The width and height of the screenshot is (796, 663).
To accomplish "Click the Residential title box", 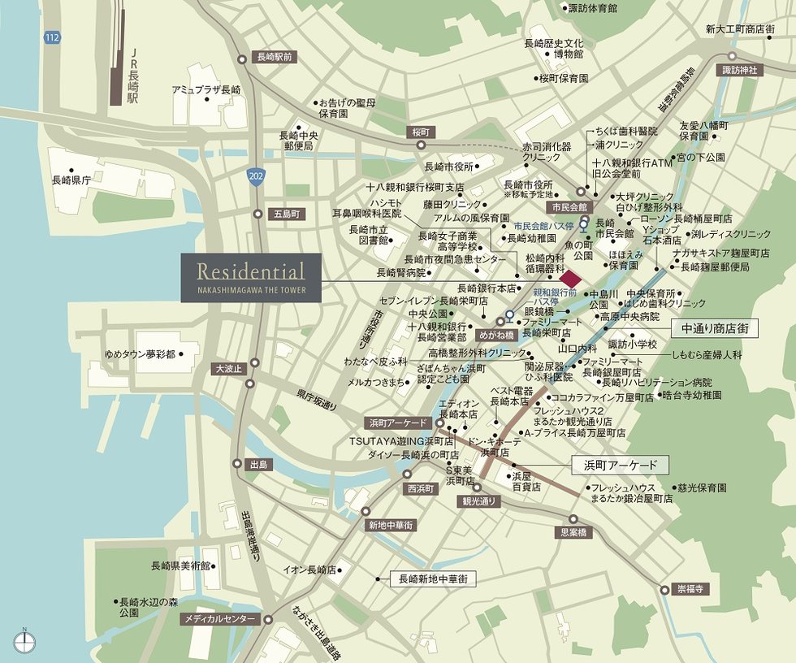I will (251, 278).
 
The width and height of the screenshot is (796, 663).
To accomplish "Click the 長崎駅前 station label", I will (275, 58).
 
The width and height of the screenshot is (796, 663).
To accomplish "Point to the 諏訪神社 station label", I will (740, 71).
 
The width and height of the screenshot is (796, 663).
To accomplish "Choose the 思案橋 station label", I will (573, 533).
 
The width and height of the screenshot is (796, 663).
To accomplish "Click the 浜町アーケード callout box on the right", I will (620, 466).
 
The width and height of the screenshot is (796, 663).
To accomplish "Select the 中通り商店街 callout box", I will (715, 329).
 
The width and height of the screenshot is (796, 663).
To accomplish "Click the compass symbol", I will (24, 641).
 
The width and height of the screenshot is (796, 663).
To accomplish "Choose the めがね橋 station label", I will (496, 333).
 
